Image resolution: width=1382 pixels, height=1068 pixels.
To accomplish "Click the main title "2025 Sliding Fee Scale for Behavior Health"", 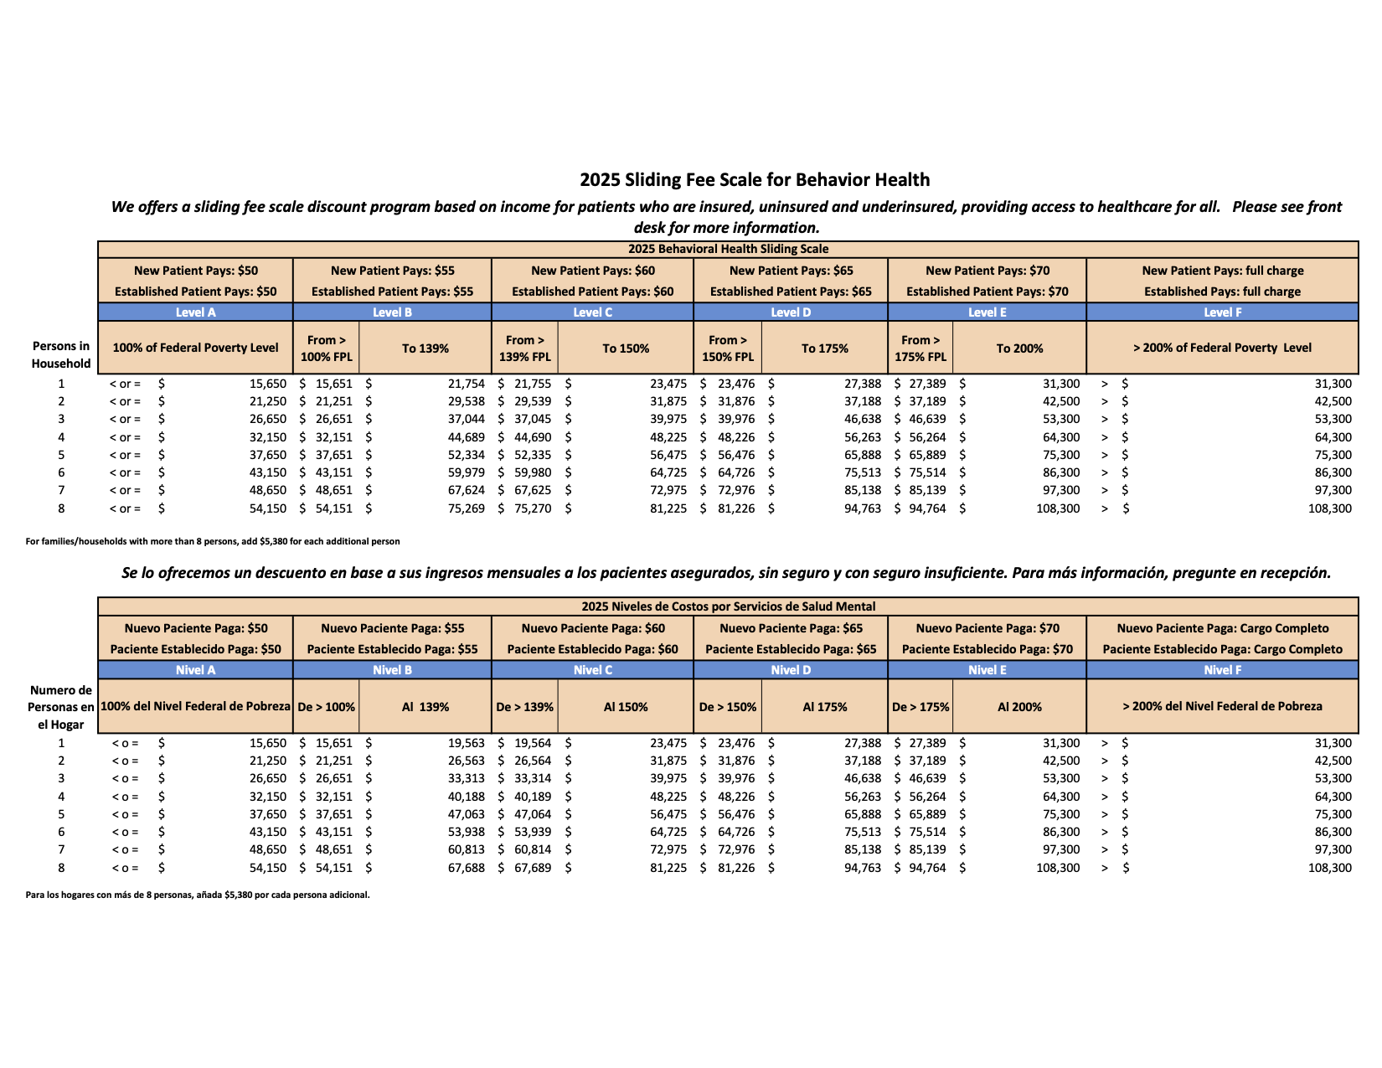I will click(x=754, y=180).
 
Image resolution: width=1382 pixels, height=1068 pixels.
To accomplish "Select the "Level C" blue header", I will click(x=592, y=312).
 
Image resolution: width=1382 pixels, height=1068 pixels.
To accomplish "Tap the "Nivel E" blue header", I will click(x=987, y=670).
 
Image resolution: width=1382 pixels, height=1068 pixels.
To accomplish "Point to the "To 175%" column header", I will click(x=824, y=348).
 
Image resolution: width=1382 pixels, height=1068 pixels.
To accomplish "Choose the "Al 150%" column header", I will click(x=626, y=707).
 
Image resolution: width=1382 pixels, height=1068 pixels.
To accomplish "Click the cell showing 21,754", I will click(x=466, y=384).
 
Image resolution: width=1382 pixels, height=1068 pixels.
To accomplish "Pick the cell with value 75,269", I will click(x=466, y=508).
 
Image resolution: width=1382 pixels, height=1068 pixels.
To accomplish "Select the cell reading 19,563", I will click(x=466, y=743).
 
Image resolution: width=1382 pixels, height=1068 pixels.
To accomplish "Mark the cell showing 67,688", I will click(x=466, y=868).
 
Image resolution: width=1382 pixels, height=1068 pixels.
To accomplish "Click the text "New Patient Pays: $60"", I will click(x=593, y=271).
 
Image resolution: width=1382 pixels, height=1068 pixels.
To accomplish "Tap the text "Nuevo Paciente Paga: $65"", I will click(x=791, y=628).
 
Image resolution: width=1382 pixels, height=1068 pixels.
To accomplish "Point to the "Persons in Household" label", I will click(x=61, y=354).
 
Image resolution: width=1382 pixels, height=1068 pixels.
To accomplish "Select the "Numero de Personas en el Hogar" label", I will click(x=61, y=707).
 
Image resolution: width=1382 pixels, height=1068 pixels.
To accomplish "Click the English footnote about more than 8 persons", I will click(x=213, y=541).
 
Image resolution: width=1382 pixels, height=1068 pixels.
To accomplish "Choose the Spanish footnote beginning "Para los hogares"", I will click(x=198, y=895).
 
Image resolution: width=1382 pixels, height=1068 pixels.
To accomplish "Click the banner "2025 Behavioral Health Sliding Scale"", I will click(x=728, y=249).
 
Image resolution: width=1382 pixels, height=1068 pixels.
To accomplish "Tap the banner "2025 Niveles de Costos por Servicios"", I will click(x=728, y=606).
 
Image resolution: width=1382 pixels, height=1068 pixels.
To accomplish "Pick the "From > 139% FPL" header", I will click(x=525, y=348).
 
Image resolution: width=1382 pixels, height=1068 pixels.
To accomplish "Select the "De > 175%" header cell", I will click(x=920, y=707).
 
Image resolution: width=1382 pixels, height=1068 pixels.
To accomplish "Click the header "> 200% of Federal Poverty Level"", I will click(x=1222, y=348).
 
